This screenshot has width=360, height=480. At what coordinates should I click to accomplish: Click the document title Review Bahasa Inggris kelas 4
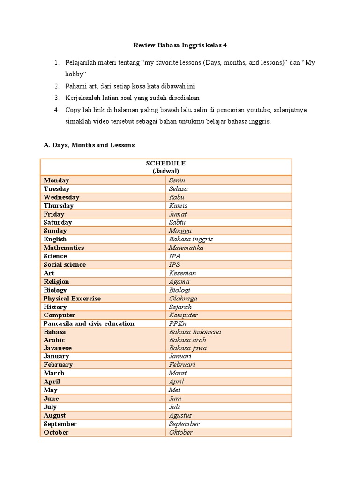coord(180,45)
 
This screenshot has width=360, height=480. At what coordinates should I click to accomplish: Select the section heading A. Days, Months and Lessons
coord(89,145)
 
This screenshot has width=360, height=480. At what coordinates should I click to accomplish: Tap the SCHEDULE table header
coord(165,163)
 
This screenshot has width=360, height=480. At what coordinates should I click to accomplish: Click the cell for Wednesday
coord(61,197)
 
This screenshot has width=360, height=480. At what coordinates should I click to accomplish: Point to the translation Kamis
coord(178,206)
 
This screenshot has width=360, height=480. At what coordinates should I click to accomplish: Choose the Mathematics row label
coord(64,248)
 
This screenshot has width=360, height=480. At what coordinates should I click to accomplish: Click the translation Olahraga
coord(183,299)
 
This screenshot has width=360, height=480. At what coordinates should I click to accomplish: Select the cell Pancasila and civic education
coord(89,324)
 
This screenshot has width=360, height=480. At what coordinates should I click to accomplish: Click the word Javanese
coord(58,348)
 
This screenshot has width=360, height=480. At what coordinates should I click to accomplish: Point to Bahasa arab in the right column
coord(187,340)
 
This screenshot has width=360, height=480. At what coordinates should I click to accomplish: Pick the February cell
coord(58,365)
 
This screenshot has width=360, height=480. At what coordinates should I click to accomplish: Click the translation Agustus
coord(180,415)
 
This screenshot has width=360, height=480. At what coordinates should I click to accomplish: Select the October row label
coord(56,432)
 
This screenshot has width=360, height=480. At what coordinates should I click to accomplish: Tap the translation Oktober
coord(180,432)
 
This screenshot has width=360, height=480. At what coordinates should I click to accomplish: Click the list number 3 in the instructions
coord(56,97)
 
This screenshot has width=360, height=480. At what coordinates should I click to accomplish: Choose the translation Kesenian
coord(182,273)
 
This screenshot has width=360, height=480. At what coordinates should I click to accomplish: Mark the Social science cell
coord(65,265)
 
